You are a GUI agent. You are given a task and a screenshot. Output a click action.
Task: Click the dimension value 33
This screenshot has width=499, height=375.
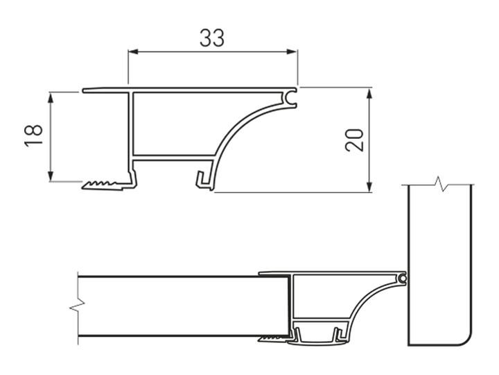pyautogui.click(x=212, y=37)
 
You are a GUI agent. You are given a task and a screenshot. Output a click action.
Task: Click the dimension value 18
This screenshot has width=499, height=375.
pyautogui.click(x=33, y=135)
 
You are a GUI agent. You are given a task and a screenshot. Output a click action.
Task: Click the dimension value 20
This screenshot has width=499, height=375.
pyautogui.click(x=354, y=140)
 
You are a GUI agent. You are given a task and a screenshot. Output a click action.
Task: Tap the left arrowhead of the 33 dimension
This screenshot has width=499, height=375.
pyautogui.click(x=133, y=51)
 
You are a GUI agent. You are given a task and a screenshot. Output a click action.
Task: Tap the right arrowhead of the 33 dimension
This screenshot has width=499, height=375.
pyautogui.click(x=292, y=51)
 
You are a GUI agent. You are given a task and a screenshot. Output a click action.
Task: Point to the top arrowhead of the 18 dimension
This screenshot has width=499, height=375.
pyautogui.click(x=51, y=98)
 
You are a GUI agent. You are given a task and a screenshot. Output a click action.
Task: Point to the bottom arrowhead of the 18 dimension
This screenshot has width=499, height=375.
pyautogui.click(x=51, y=176)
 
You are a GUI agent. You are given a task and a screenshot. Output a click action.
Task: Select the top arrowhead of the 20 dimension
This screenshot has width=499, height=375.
pyautogui.click(x=369, y=94)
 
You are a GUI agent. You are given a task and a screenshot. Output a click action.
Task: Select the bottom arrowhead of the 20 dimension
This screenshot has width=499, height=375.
pyautogui.click(x=369, y=187)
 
